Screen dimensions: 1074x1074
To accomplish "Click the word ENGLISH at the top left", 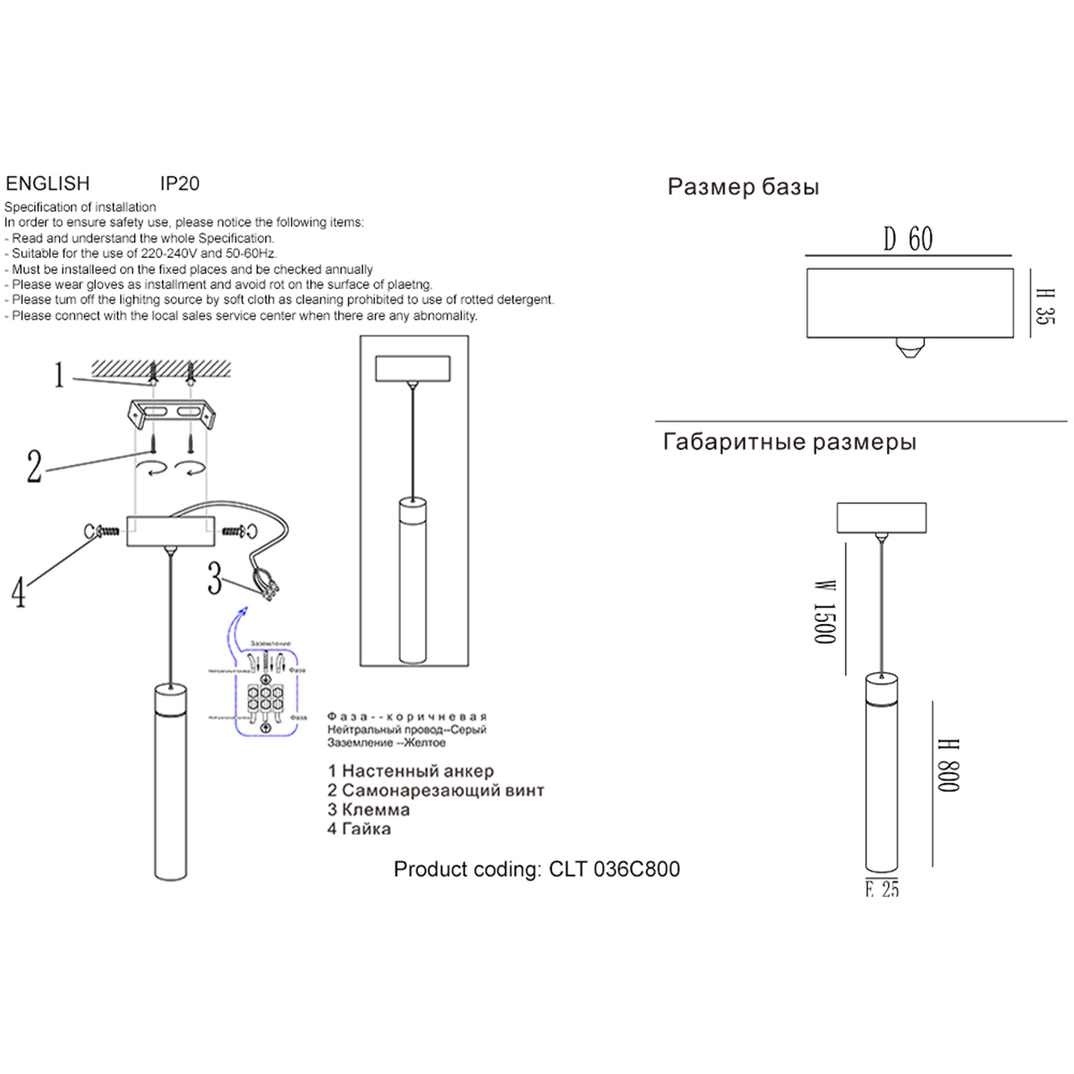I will (48, 183).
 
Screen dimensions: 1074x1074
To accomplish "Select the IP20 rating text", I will (180, 183).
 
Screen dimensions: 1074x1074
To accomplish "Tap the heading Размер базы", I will (743, 188).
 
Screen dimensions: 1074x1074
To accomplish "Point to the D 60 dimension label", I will (908, 240).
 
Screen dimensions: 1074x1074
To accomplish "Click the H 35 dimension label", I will (1044, 306).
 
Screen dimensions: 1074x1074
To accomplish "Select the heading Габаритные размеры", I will (789, 442).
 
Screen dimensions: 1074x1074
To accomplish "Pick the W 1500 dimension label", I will (823, 611).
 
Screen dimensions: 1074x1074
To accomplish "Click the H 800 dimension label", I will (948, 765).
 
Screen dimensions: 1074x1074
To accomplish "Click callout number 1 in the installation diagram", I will (59, 376).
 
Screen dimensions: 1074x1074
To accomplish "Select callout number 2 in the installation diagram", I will (34, 466).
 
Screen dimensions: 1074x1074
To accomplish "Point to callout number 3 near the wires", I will (214, 578).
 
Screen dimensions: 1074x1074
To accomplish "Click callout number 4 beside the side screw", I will (19, 592).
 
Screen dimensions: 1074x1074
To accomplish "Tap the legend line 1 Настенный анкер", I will (411, 771).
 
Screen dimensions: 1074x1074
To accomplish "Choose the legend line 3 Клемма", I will (369, 809).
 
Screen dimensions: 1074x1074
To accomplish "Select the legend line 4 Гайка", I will (359, 829).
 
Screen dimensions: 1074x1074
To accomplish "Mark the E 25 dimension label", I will (882, 889).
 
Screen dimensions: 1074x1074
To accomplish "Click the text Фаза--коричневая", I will (406, 717).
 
